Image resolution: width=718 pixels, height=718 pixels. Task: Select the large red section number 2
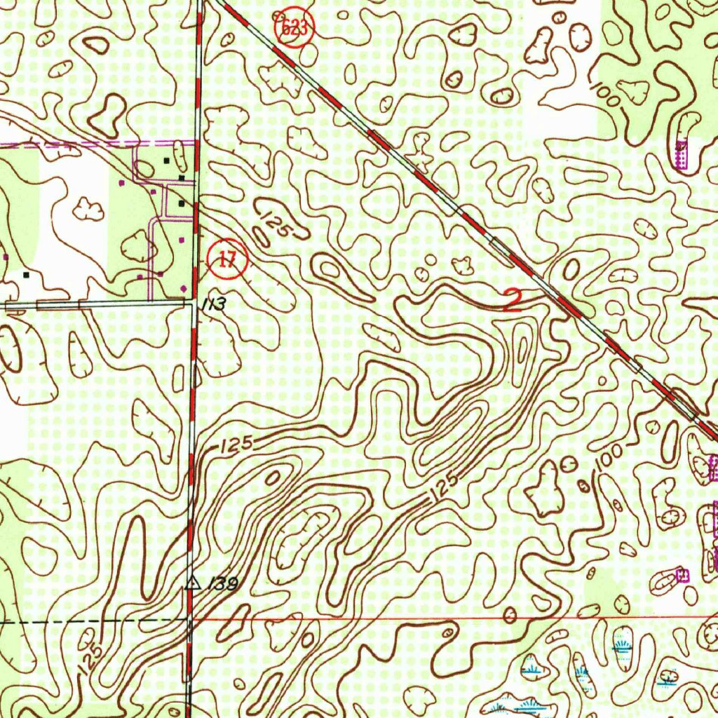click(x=513, y=299)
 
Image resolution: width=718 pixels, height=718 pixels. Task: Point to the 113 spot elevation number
click(x=215, y=305)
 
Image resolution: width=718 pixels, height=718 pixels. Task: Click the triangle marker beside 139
click(x=191, y=583)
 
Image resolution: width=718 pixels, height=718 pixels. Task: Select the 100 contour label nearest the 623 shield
click(x=605, y=95)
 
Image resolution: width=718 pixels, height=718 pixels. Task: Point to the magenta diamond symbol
click(x=184, y=287)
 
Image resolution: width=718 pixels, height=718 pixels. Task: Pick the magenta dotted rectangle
click(x=680, y=153)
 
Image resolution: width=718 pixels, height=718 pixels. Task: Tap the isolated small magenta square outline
click(x=682, y=575)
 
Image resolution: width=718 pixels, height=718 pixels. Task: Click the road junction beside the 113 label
click(x=194, y=302)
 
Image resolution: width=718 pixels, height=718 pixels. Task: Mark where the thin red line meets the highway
click(x=189, y=619)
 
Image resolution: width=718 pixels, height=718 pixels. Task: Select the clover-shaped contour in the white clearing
click(x=88, y=208)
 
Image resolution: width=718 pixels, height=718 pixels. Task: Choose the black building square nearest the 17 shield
click(x=182, y=203)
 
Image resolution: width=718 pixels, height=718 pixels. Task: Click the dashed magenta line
click(x=70, y=145)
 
